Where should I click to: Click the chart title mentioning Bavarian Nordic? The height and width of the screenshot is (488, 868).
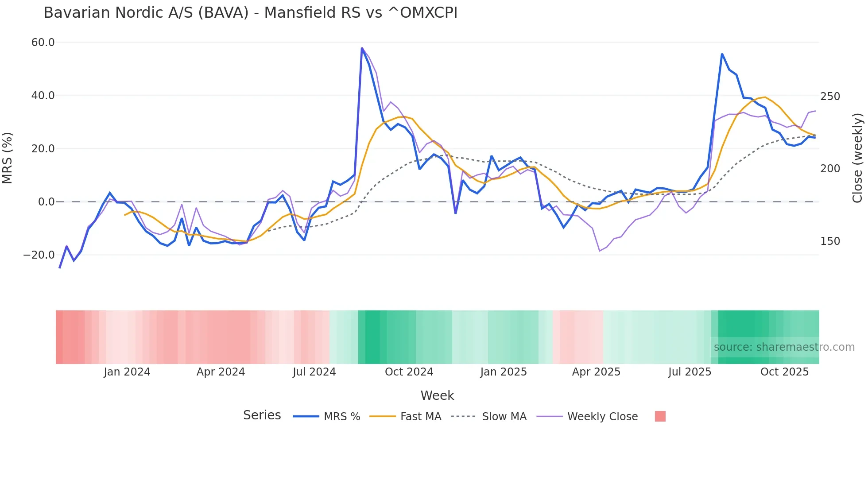click(x=250, y=13)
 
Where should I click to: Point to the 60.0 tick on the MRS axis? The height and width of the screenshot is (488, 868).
click(x=43, y=43)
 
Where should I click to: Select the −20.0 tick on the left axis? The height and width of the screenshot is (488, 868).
click(x=39, y=255)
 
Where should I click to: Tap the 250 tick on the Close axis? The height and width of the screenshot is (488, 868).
click(x=830, y=97)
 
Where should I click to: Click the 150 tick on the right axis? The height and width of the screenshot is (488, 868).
click(x=830, y=241)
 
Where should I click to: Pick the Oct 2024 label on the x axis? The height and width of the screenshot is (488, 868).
click(x=409, y=372)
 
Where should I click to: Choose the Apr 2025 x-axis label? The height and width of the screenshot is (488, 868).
click(x=596, y=372)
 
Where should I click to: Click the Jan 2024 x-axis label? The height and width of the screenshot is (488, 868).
click(x=127, y=372)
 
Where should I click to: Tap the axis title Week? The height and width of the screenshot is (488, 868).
click(x=437, y=395)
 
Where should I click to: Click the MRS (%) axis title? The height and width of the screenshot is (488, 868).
click(x=8, y=158)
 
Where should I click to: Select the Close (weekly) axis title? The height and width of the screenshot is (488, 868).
click(x=857, y=158)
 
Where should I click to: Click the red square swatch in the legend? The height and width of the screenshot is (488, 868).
click(x=660, y=416)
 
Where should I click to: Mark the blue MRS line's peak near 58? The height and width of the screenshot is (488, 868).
click(x=362, y=48)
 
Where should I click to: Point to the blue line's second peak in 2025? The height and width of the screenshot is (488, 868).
click(x=722, y=54)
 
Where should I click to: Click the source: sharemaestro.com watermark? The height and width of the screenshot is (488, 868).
click(x=784, y=347)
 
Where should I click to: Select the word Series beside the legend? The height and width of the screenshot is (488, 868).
click(x=262, y=415)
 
